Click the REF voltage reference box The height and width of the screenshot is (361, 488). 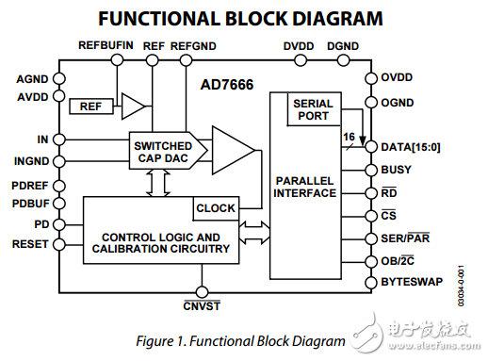tap(91, 107)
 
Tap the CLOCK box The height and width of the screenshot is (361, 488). tap(216, 208)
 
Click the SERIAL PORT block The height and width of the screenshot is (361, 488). tap(314, 109)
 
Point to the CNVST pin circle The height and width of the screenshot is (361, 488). tap(202, 292)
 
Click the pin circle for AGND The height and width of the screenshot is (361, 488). tap(59, 78)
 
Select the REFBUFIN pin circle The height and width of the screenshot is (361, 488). tap(117, 59)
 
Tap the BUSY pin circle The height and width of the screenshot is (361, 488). tap(371, 171)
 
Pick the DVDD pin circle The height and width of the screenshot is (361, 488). tap(301, 60)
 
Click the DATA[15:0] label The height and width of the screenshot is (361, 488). tap(411, 147)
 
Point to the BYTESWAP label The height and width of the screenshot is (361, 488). tap(412, 282)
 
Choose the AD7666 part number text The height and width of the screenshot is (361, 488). tap(227, 85)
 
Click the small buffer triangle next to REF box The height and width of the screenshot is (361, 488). tap(133, 107)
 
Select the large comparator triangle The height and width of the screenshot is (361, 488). tap(234, 150)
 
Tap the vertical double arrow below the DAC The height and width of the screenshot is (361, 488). tap(158, 183)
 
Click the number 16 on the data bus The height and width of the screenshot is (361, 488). tap(349, 137)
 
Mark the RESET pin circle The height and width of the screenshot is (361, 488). tap(59, 244)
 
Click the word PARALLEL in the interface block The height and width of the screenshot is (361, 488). tap(304, 181)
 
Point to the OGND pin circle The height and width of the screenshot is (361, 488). tap(371, 103)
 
